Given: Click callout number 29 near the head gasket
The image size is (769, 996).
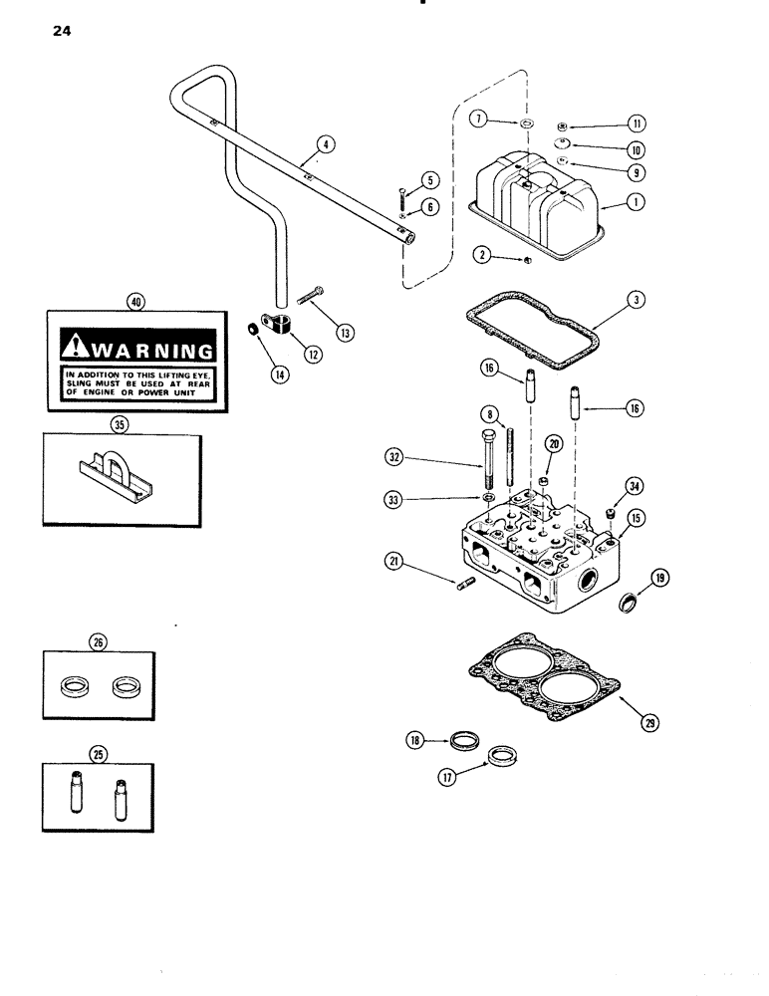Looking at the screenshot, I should (623, 724).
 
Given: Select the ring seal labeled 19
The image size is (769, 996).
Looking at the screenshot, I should (629, 602).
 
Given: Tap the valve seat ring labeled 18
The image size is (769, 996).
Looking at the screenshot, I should (462, 740).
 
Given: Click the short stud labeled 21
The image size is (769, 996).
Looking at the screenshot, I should (466, 585).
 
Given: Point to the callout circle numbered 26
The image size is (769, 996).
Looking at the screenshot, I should (97, 642).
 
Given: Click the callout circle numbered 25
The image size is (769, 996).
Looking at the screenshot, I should (98, 754).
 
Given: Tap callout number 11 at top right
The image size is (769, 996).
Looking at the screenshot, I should (638, 124).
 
